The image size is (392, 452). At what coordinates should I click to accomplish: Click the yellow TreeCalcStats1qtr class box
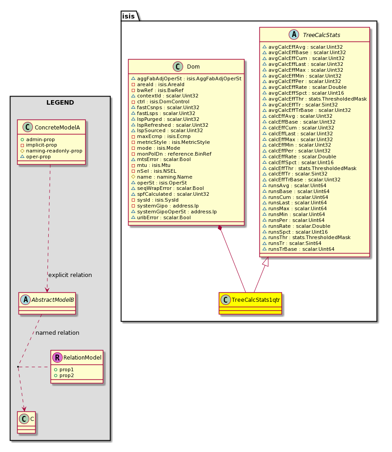click(x=250, y=303)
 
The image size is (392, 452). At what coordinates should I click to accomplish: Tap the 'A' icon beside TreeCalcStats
click(x=294, y=35)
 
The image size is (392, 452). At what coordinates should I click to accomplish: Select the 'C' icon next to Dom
click(x=178, y=67)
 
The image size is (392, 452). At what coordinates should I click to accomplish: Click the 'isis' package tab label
click(x=128, y=16)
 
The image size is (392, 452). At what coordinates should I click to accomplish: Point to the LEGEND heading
click(x=60, y=102)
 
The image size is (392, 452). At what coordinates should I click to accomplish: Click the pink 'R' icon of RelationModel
click(x=57, y=357)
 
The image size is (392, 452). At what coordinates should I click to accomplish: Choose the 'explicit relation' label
click(x=70, y=275)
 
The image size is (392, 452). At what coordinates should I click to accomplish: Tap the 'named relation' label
click(x=57, y=332)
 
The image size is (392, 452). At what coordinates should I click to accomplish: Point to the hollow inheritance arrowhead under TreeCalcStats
click(x=265, y=262)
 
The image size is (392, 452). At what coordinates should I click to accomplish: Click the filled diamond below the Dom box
click(x=220, y=228)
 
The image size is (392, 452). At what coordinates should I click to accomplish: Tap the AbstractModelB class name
click(x=53, y=300)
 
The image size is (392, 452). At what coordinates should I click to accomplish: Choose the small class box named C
click(x=26, y=422)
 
